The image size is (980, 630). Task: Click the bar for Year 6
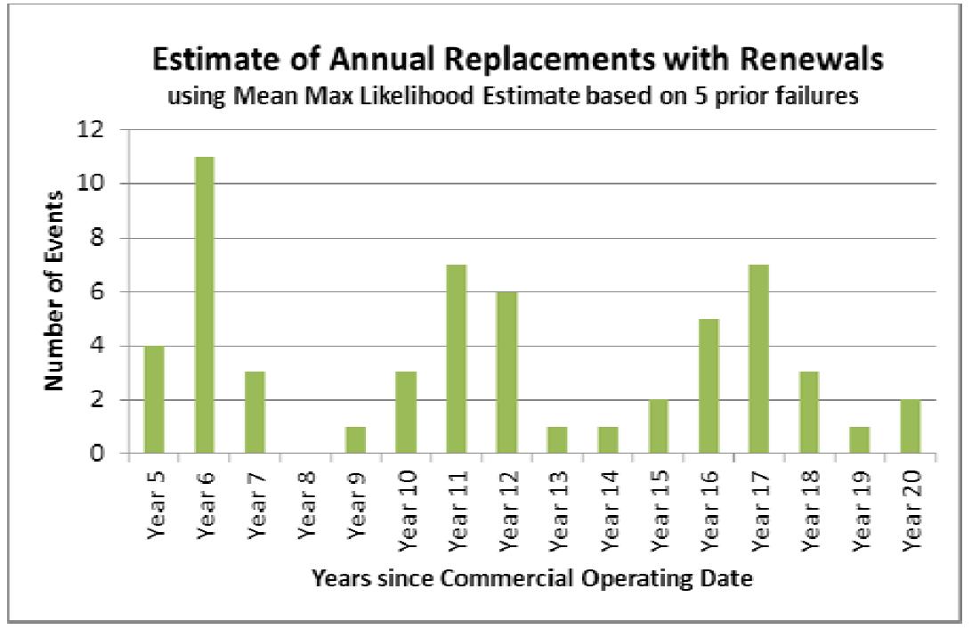coord(204,306)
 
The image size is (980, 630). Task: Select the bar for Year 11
coord(456,359)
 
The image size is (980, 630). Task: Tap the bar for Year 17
coord(759,359)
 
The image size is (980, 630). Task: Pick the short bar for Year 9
coord(355,440)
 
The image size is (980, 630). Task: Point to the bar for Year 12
coord(506,372)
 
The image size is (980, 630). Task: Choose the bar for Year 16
coord(709,386)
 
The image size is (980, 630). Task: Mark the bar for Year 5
coord(153,400)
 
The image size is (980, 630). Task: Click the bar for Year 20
coord(910,427)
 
